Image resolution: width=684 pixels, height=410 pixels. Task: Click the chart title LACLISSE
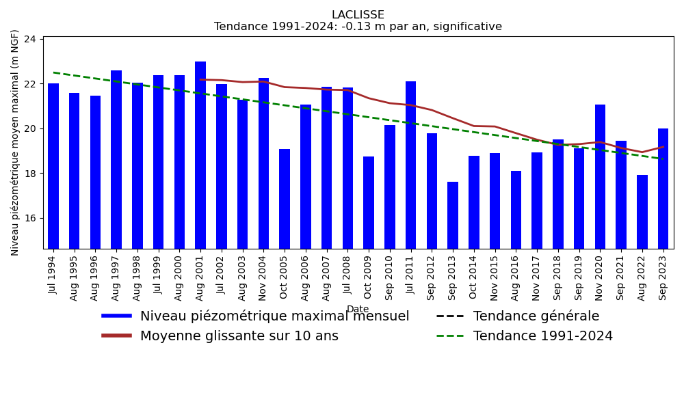[358, 15]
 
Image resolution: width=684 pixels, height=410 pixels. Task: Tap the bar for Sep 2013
[453, 215]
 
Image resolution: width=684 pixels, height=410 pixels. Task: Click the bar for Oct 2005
[285, 199]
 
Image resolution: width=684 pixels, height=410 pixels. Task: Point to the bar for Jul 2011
[410, 165]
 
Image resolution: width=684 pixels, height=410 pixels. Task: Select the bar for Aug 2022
[642, 212]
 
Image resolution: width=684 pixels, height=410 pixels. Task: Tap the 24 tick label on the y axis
[30, 39]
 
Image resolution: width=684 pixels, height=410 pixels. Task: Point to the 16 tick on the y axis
[30, 218]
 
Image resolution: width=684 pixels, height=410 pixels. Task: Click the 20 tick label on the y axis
[30, 128]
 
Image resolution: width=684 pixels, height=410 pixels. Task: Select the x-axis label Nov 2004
[263, 277]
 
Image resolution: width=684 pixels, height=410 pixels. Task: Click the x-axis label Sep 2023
[663, 277]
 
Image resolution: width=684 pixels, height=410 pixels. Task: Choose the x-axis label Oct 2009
[369, 277]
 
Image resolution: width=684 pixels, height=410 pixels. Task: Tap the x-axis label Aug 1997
[116, 277]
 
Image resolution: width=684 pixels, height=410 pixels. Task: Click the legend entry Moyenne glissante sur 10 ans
[239, 336]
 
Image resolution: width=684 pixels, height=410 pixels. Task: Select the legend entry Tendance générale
[536, 316]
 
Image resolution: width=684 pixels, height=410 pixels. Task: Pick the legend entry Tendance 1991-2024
[542, 336]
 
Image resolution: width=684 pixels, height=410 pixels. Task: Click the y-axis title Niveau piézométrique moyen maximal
[15, 142]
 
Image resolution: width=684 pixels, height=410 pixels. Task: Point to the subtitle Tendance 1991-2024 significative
[358, 27]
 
